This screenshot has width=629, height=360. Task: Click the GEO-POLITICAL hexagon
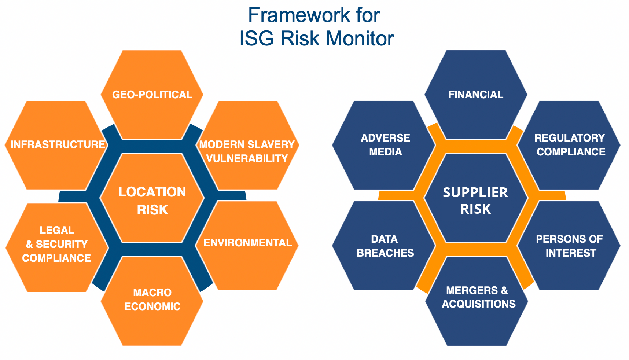(x=152, y=95)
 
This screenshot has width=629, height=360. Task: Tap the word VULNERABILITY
(x=247, y=158)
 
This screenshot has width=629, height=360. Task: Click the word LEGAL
(x=57, y=230)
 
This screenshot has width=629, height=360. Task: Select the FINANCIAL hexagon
(x=476, y=95)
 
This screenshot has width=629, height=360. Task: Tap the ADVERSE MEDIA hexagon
(x=385, y=145)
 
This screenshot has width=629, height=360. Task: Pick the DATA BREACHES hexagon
(x=385, y=246)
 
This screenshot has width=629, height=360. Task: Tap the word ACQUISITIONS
(x=479, y=304)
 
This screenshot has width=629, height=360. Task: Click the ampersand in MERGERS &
(x=504, y=290)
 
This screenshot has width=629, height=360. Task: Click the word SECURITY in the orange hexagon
(x=62, y=244)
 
